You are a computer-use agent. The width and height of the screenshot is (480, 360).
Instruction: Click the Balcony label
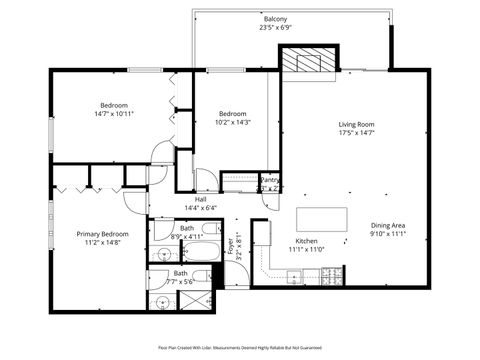pos(275,19)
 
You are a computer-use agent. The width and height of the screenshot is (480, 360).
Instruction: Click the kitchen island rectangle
pos(324,219)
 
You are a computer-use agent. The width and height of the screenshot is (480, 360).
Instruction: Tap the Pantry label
pos(269,180)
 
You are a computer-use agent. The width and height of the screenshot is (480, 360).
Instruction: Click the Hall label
pos(200,199)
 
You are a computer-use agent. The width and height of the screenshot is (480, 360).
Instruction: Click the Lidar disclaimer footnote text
pos(240,346)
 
